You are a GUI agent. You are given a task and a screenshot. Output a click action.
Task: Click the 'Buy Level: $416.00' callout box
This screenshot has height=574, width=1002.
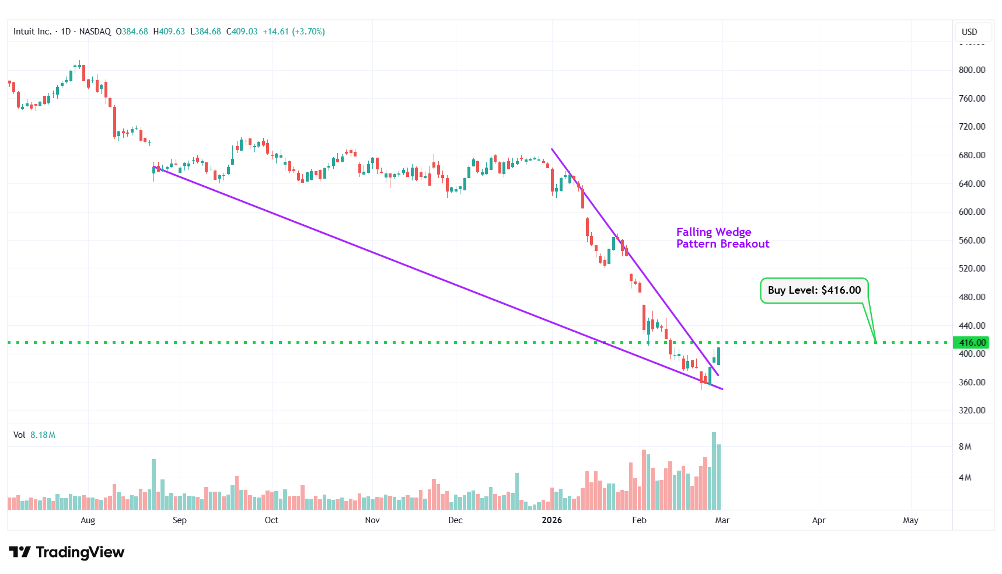click(x=814, y=290)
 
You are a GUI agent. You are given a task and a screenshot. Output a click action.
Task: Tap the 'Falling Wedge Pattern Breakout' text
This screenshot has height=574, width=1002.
click(x=722, y=238)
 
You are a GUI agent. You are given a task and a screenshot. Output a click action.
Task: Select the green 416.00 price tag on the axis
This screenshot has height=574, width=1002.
click(x=971, y=343)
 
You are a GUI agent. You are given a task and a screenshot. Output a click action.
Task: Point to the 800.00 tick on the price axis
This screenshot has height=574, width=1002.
click(x=972, y=70)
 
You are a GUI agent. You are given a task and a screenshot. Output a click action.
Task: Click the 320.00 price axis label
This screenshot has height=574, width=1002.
click(x=972, y=411)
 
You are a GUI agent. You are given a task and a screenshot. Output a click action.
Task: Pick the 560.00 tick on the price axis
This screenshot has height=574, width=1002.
click(x=972, y=241)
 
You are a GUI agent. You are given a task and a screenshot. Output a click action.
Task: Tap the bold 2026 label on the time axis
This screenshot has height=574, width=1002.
click(x=551, y=520)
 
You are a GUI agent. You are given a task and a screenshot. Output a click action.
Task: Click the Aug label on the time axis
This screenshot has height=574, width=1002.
click(x=88, y=520)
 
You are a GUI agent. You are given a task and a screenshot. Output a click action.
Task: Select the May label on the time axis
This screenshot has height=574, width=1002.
click(x=910, y=520)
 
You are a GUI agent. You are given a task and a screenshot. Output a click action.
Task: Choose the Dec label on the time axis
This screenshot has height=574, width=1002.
click(x=455, y=520)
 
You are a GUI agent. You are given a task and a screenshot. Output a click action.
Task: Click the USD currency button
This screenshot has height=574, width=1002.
click(x=969, y=32)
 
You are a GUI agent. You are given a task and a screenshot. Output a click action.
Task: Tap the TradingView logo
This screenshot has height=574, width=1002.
click(x=67, y=552)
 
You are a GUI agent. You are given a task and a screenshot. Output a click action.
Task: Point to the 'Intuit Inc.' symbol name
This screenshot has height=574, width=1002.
click(x=32, y=32)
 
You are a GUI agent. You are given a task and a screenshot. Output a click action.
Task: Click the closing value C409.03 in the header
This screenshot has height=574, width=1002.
click(x=242, y=32)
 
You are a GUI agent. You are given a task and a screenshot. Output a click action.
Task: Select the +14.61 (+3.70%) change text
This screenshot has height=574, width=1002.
click(x=294, y=32)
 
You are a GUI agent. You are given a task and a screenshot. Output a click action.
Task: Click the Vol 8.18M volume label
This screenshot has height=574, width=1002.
click(x=34, y=435)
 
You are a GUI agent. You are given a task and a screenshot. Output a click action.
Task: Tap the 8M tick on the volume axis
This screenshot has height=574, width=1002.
click(x=965, y=447)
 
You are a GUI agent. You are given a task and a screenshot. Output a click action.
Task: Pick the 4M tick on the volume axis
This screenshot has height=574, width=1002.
click(x=965, y=478)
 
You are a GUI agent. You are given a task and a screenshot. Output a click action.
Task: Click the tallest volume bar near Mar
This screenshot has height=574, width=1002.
click(x=714, y=471)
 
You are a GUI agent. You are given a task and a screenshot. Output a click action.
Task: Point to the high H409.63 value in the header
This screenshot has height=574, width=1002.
click(x=169, y=32)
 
